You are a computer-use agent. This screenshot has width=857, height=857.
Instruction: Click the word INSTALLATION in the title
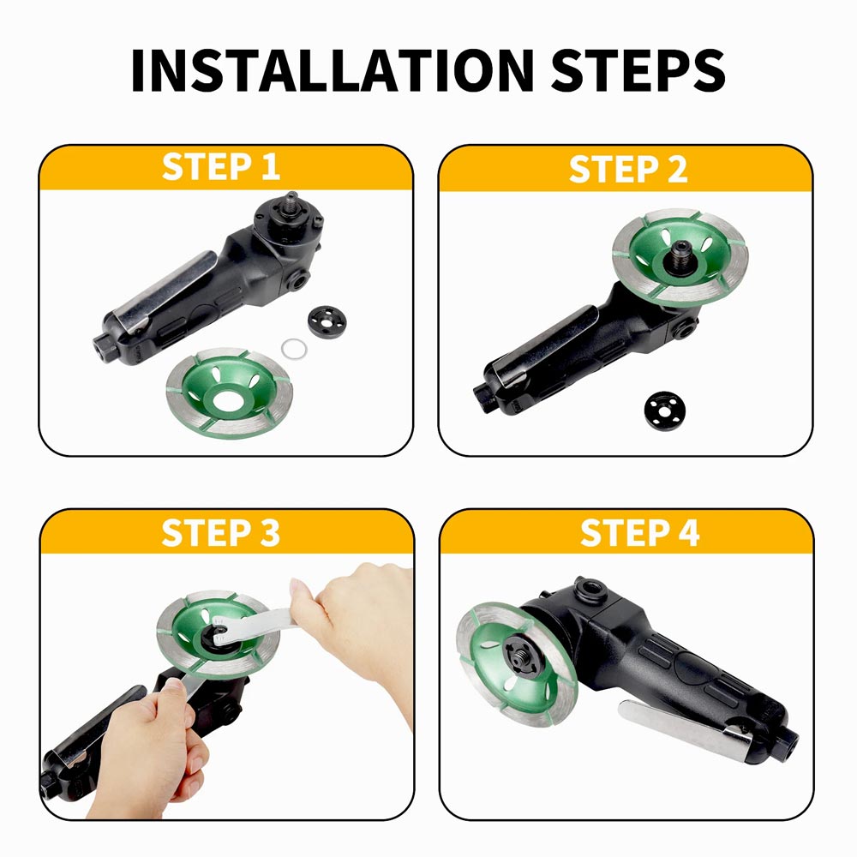[x=333, y=70]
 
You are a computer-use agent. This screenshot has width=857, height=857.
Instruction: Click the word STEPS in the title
[x=638, y=70]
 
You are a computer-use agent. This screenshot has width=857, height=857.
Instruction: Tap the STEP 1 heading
[x=221, y=167]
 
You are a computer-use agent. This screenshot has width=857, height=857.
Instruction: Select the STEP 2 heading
[x=628, y=168]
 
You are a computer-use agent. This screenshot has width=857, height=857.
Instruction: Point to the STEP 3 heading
[x=221, y=532]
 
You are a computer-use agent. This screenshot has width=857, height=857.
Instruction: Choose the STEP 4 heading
[x=640, y=532]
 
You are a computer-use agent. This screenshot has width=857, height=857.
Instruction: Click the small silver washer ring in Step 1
[x=294, y=349]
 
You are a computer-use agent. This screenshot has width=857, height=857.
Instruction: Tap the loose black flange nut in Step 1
[x=327, y=323]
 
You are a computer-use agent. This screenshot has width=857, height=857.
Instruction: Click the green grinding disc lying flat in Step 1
[x=230, y=393]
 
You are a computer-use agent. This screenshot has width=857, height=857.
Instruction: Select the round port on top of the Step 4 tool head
[x=591, y=590]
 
